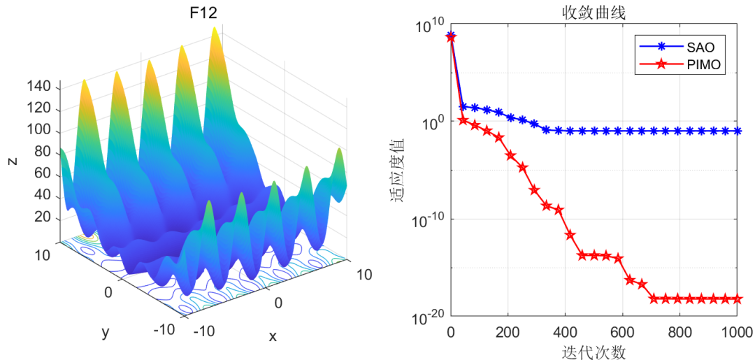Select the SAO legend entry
click(701, 48)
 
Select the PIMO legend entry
click(704, 66)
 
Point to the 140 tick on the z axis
click(39, 87)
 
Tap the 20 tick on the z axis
click(43, 217)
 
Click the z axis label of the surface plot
click(12, 161)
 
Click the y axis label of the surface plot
click(106, 332)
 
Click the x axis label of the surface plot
click(273, 337)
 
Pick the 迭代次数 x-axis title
click(594, 352)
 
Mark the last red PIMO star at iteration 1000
click(736, 298)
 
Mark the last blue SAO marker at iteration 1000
click(736, 131)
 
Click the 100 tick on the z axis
click(39, 130)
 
